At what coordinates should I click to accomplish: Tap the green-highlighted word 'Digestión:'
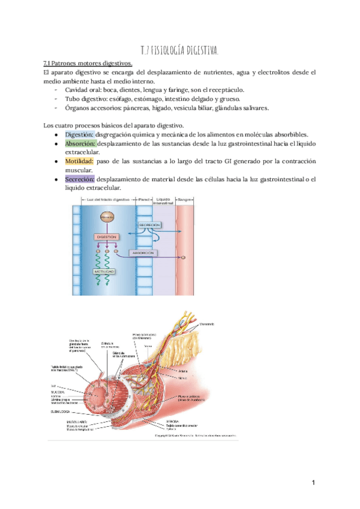click(79, 134)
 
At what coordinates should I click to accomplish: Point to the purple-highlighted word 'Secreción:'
click(79, 179)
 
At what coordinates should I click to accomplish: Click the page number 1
click(313, 482)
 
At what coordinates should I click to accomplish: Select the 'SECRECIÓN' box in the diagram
click(149, 224)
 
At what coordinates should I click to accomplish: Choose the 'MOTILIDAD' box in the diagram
click(104, 271)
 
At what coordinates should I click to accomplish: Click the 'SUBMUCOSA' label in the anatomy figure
click(61, 412)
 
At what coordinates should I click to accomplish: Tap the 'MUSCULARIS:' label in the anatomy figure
click(62, 421)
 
